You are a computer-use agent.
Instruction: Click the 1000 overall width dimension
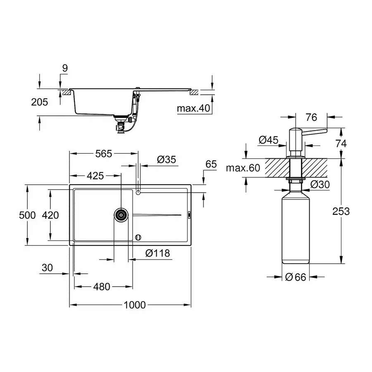click(134, 305)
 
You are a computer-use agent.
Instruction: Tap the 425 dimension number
click(95, 176)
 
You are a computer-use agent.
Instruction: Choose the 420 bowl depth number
click(50, 215)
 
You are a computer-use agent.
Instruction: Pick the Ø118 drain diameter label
click(157, 253)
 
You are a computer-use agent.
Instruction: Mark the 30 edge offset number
click(48, 267)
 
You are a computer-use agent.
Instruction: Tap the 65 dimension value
click(211, 164)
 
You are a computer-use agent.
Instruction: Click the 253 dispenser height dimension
click(341, 211)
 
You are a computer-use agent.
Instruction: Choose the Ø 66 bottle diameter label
click(296, 277)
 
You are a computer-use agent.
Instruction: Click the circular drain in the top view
click(121, 215)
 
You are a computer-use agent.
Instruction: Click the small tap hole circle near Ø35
click(138, 192)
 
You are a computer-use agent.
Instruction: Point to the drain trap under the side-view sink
click(121, 126)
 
